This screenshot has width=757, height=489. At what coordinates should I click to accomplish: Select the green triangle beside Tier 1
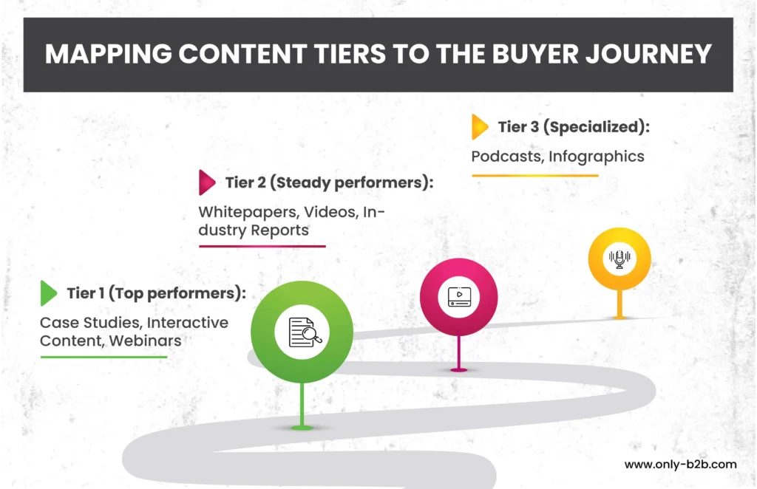pyautogui.click(x=49, y=293)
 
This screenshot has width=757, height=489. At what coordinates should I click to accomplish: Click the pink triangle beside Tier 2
pyautogui.click(x=207, y=182)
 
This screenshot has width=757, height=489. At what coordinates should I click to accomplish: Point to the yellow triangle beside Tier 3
pyautogui.click(x=480, y=127)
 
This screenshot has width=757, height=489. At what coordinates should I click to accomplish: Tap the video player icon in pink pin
pyautogui.click(x=459, y=297)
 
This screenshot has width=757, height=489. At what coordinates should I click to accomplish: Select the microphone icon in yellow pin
pyautogui.click(x=619, y=259)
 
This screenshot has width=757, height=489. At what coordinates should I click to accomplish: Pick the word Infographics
pyautogui.click(x=597, y=157)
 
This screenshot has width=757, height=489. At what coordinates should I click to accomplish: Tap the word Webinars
pyautogui.click(x=146, y=341)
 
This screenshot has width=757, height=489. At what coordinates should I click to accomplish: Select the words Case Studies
pyautogui.click(x=91, y=323)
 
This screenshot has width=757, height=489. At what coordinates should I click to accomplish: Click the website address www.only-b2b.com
pyautogui.click(x=680, y=465)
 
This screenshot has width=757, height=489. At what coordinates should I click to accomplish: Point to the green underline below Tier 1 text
pyautogui.click(x=103, y=357)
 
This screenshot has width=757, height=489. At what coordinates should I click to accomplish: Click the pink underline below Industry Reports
pyautogui.click(x=262, y=246)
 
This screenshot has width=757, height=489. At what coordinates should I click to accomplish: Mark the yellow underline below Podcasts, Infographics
pyautogui.click(x=535, y=176)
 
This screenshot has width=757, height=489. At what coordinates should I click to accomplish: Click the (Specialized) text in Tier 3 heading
pyautogui.click(x=597, y=127)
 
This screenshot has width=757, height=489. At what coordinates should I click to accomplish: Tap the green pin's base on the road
pyautogui.click(x=302, y=428)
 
